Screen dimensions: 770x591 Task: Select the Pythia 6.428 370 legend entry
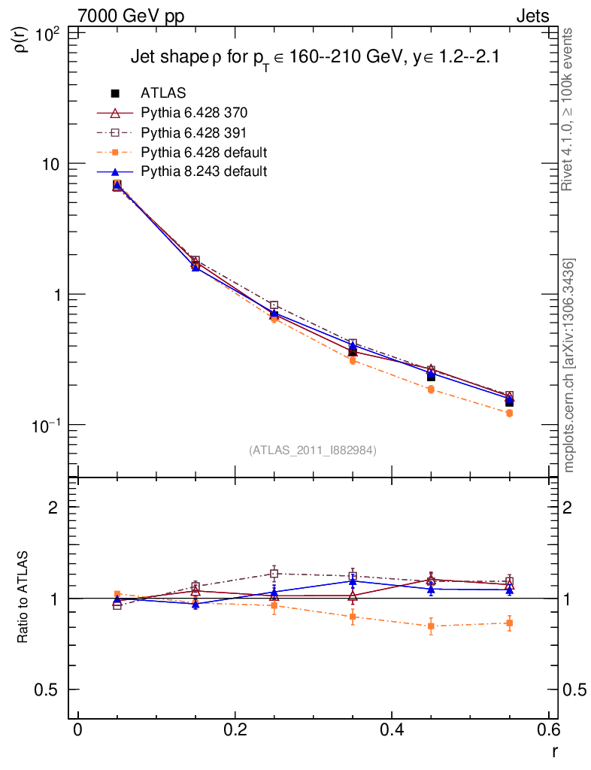194,113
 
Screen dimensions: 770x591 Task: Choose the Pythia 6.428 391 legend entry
194,132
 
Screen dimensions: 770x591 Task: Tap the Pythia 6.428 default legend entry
204,152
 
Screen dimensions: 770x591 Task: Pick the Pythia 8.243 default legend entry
204,171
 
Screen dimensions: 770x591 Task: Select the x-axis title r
555,750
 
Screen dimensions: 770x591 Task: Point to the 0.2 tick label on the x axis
235,732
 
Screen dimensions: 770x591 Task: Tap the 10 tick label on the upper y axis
55,164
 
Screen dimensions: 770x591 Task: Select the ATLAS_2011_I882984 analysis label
313,450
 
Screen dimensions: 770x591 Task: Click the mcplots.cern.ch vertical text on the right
570,365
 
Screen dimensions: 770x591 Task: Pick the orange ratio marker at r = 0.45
431,626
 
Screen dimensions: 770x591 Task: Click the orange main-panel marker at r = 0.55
509,413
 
